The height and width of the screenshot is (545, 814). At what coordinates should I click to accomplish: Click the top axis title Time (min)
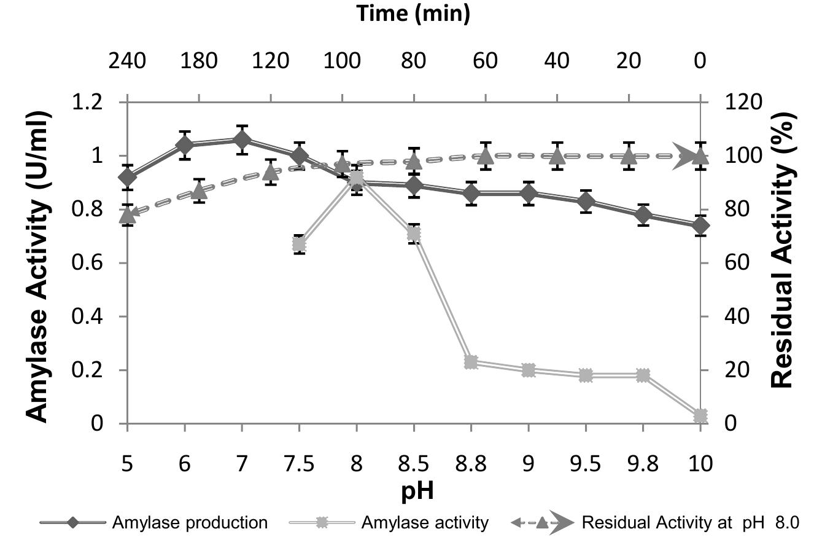[413, 14]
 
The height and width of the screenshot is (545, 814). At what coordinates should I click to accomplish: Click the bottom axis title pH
[413, 491]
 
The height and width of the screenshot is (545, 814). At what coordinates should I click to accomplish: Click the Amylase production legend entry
[153, 523]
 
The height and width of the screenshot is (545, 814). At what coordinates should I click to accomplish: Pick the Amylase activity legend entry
[389, 523]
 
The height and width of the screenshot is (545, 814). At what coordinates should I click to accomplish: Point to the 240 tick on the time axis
[127, 61]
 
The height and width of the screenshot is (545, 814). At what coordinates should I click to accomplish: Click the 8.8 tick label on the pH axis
[471, 463]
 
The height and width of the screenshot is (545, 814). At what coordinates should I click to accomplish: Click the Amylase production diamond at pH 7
[242, 140]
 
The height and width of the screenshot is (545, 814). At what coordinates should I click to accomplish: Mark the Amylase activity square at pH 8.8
[471, 362]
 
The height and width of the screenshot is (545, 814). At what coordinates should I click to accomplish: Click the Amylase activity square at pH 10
[700, 416]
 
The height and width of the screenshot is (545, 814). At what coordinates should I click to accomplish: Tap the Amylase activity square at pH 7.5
[299, 244]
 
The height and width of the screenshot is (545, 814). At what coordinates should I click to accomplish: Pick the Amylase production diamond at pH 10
[700, 225]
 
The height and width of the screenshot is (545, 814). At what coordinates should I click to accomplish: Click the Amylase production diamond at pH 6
[185, 145]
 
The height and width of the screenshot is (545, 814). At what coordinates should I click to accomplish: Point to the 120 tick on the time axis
[271, 61]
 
